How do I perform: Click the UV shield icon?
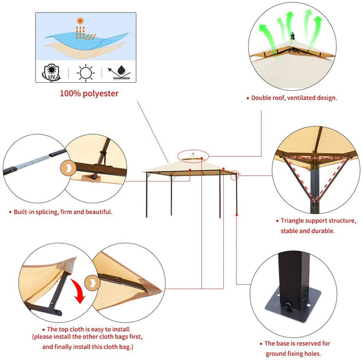pyautogui.click(x=51, y=73)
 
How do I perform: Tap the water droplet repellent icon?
pyautogui.click(x=119, y=73)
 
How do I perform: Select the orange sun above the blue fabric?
pyautogui.click(x=80, y=21)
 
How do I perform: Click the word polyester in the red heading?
pyautogui.click(x=100, y=94)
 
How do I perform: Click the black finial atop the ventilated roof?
pyautogui.click(x=293, y=36)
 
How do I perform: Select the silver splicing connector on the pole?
pyautogui.click(x=34, y=162)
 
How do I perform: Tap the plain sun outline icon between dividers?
pyautogui.click(x=86, y=73)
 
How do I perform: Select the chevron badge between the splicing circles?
pyautogui.click(x=68, y=168)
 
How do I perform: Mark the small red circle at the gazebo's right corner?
pyautogui.click(x=235, y=175)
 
